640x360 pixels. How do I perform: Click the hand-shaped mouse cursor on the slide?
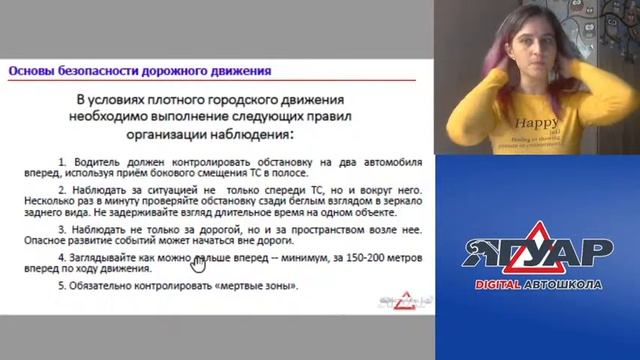point(197,265)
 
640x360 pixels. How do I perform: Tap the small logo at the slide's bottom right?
point(390,297)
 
